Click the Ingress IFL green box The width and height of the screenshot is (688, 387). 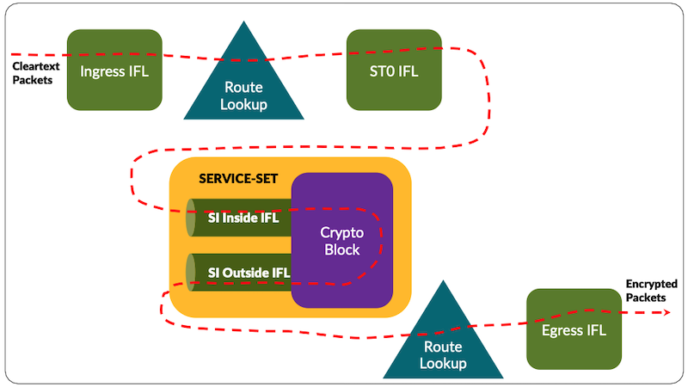pos(114,70)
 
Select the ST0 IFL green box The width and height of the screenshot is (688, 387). pos(394,70)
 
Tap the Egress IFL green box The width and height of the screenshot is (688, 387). pos(574,329)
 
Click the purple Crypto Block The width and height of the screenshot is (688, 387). pos(341,240)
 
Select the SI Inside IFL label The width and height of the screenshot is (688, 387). pos(243,218)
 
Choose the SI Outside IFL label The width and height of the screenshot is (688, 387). pos(249,273)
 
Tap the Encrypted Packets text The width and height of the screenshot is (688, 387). pos(651,290)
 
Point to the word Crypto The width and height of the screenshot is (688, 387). pos(341,232)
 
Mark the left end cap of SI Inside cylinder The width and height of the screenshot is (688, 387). pos(192,218)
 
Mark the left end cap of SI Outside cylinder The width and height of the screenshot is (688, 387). pos(192,273)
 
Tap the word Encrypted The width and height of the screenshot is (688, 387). pos(651,284)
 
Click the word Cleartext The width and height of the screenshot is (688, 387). pos(35,65)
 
